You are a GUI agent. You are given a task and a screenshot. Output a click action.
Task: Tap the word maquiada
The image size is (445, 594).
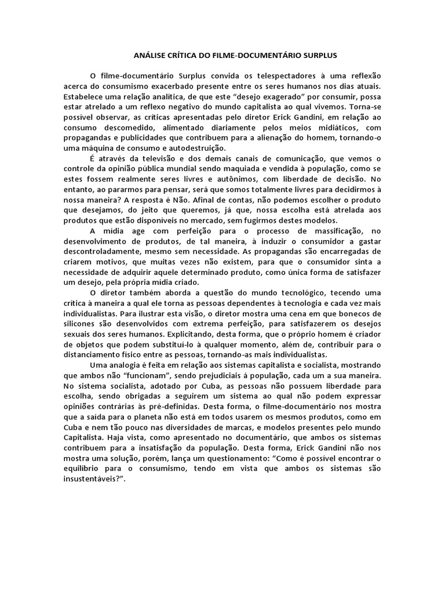click(x=242, y=169)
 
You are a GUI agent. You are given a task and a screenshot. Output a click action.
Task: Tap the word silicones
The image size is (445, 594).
click(x=81, y=322)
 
